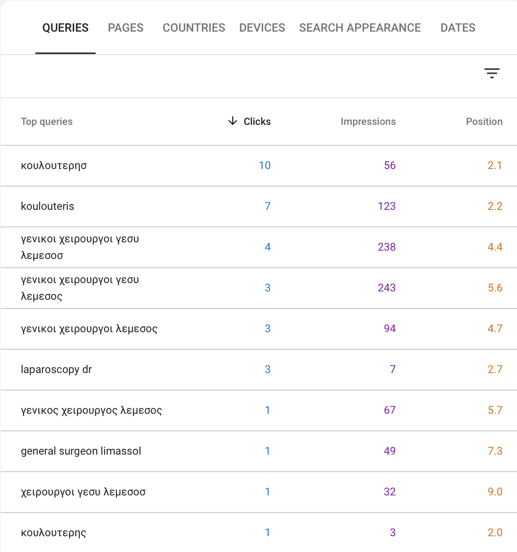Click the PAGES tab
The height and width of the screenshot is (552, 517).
point(125,28)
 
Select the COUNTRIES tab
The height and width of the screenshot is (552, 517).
point(194,28)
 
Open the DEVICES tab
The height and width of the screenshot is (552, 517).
point(262,28)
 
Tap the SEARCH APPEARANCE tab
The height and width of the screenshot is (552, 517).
point(360,28)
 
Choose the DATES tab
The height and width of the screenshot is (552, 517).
point(457,28)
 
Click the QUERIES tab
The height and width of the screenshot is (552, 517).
point(65,28)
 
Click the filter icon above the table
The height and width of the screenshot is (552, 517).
point(492,73)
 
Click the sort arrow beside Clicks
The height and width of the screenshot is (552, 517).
point(233,121)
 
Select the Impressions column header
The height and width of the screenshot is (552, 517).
point(368,122)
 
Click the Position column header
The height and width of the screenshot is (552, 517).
point(484,122)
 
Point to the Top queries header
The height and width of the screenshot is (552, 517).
point(47,122)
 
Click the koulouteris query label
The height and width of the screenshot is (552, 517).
point(47,206)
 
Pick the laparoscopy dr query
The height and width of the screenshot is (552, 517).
point(56,369)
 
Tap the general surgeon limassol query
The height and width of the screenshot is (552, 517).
point(81,451)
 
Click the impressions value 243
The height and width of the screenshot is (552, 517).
point(386,288)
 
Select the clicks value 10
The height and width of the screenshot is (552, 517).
point(264,165)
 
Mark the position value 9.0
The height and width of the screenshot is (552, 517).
point(495,492)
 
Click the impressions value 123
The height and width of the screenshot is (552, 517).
point(386,206)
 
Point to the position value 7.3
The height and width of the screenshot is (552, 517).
point(495,451)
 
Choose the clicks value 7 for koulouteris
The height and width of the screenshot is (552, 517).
point(267,206)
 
